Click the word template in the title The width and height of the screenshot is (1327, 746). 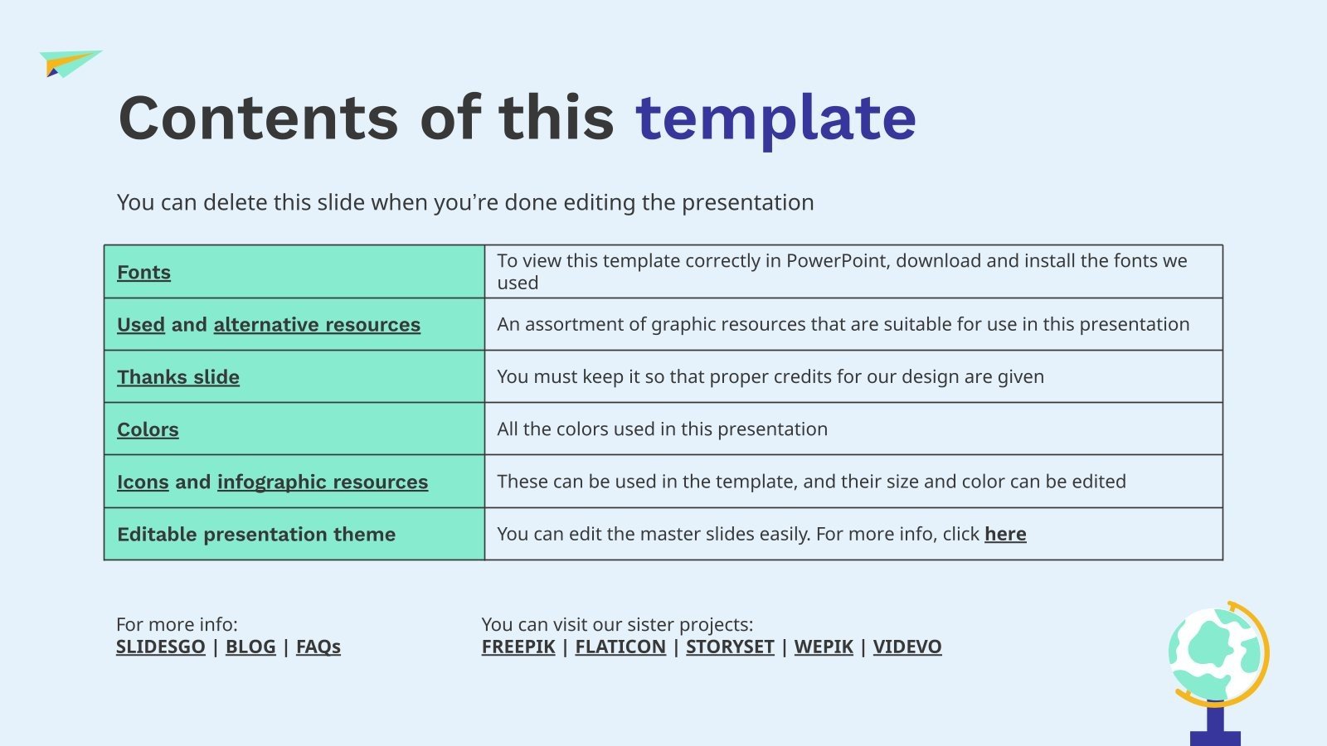click(x=775, y=119)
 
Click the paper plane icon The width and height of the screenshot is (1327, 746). click(x=70, y=63)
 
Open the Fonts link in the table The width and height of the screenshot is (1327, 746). click(x=143, y=272)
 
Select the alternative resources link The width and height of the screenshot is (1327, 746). click(x=317, y=324)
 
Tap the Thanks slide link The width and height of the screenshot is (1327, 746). click(x=178, y=377)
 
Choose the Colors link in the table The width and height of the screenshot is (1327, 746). click(x=148, y=429)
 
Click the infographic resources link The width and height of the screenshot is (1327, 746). click(x=323, y=482)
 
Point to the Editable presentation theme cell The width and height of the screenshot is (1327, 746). click(x=256, y=534)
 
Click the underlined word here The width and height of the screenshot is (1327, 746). click(x=1005, y=534)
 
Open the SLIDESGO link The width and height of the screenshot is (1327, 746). click(x=160, y=647)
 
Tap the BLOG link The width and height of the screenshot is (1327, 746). click(x=250, y=647)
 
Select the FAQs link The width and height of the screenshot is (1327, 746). click(x=318, y=647)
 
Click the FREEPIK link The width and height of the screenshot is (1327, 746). click(x=518, y=647)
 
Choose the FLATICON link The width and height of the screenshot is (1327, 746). click(x=620, y=647)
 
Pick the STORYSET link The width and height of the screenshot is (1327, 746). click(x=730, y=647)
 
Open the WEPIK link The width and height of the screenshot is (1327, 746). click(x=824, y=647)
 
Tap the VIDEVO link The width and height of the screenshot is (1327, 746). click(x=907, y=647)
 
